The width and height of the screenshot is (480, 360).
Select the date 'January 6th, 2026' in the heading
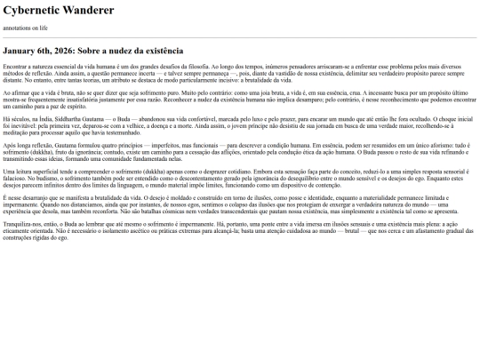pos(42,52)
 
